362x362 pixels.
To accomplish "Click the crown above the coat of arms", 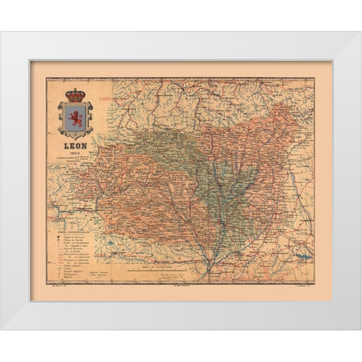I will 76,96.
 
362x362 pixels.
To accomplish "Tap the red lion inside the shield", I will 76,118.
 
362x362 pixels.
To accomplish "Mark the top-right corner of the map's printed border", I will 315,78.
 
